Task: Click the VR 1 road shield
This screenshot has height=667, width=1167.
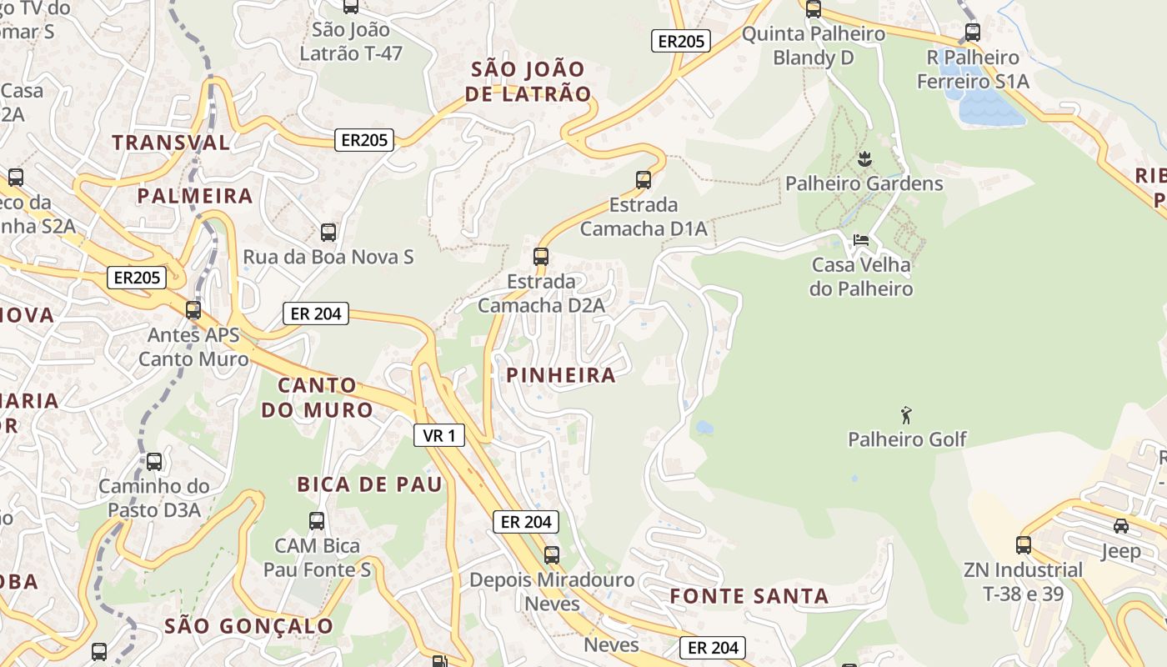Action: point(439,435)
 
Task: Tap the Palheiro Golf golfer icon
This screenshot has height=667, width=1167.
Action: point(907,414)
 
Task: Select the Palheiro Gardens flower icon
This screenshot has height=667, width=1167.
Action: point(864,158)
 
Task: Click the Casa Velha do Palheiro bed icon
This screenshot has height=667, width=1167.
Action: point(861,240)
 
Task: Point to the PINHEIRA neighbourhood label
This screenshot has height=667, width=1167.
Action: point(561,375)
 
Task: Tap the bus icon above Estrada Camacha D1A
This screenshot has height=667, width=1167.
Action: point(643,179)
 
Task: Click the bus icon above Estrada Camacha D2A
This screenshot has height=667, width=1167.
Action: point(541,256)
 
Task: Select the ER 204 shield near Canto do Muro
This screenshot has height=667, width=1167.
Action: point(316,313)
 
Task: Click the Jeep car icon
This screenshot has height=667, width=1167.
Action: point(1121,526)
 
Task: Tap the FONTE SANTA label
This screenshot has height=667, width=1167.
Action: point(749,596)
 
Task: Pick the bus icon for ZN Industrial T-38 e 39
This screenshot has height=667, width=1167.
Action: point(1024,545)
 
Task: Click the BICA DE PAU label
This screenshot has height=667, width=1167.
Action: point(369,484)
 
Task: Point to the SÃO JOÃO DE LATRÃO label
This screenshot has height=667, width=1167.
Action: point(528,82)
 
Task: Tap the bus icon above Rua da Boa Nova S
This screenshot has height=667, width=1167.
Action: point(328,232)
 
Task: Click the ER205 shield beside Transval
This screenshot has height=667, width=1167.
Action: point(365,140)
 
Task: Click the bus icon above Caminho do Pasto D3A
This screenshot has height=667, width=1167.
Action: point(154,461)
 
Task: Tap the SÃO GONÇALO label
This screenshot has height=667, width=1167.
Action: point(248,625)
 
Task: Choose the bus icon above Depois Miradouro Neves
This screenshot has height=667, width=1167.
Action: point(551,554)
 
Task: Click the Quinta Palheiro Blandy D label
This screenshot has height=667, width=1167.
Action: point(813,46)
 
